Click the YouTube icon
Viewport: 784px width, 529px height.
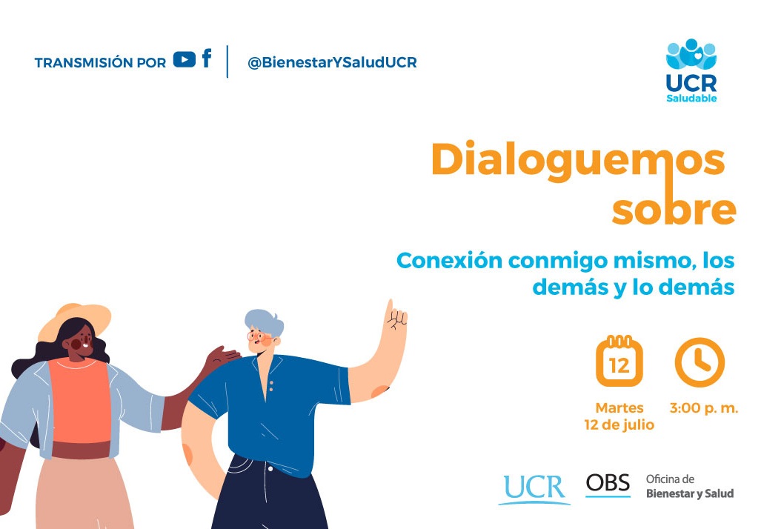185,59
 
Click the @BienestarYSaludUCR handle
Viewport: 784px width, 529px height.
332,62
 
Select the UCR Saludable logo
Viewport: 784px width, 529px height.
691,70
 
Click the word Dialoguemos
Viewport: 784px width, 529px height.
578,160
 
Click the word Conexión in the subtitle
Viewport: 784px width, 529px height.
450,261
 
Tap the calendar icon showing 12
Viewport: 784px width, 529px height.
619,361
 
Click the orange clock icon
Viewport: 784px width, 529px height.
700,362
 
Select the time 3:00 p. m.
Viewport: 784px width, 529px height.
704,408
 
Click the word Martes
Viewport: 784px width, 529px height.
619,408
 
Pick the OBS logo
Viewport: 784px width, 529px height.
608,485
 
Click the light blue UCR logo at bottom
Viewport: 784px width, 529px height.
534,488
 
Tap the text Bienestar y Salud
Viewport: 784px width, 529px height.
690,493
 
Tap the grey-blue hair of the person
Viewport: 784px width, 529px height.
264,322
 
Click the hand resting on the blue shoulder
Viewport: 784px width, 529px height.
223,357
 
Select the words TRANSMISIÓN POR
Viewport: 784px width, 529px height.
100,63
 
